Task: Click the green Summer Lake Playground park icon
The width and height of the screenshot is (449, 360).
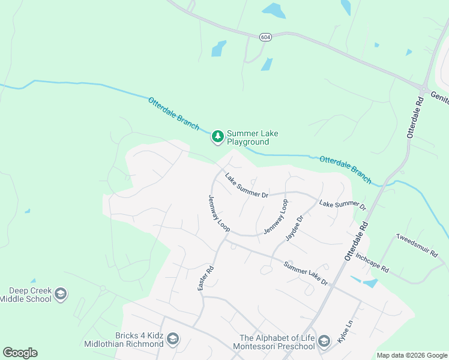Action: (217, 137)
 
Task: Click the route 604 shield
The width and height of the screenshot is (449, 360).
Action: (265, 37)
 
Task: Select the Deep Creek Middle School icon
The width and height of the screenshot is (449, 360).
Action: (60, 294)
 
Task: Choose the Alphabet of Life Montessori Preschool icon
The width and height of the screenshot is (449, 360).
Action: (324, 341)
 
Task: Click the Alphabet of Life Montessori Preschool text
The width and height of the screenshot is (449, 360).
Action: (277, 342)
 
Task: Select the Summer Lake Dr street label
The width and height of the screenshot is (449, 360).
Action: (306, 274)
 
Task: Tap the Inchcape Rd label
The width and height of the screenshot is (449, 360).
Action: (372, 262)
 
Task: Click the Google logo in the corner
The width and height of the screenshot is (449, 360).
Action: (20, 353)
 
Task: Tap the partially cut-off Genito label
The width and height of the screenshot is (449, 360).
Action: (438, 94)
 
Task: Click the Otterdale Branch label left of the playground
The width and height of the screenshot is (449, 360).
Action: (173, 112)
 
